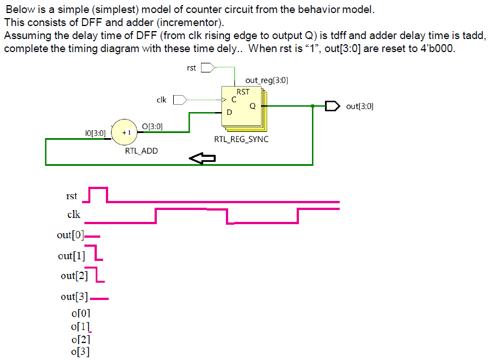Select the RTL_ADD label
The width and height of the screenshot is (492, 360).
142,151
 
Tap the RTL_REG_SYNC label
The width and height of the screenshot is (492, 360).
241,139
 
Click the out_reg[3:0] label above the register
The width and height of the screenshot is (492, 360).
267,80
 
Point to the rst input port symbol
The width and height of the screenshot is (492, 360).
208,68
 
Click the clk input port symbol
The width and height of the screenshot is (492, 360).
179,100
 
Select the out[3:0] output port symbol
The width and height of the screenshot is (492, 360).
332,106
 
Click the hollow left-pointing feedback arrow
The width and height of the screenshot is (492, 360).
202,159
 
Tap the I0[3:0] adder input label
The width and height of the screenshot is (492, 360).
95,133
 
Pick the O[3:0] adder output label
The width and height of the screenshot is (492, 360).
152,126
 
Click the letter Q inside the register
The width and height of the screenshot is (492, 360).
253,106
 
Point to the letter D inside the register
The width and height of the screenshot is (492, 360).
229,112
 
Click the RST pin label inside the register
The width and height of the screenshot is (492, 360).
243,92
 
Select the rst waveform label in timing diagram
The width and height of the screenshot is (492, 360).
71,196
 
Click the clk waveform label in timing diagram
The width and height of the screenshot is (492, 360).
74,215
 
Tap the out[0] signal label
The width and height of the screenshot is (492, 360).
70,235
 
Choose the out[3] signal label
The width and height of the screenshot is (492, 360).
74,297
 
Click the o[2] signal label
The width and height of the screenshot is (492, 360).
80,340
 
